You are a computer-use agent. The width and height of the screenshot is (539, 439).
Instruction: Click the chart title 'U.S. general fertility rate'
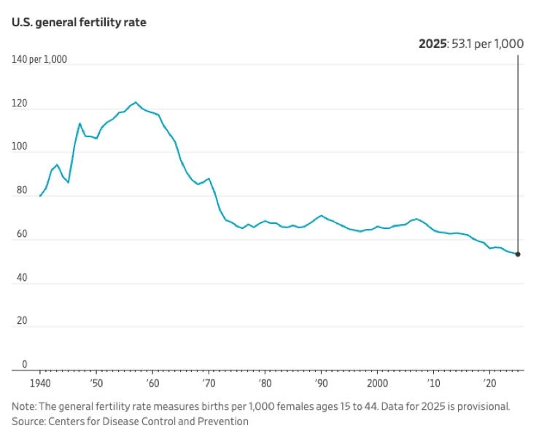(79, 23)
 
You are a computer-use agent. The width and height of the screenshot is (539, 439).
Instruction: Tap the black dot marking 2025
(518, 255)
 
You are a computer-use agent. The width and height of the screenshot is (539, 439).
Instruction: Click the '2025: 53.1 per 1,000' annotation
(471, 44)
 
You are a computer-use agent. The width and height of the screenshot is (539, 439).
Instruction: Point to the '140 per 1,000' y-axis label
(39, 60)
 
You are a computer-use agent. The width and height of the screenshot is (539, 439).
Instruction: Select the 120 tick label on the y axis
(19, 103)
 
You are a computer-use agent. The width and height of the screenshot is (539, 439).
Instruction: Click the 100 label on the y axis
(19, 147)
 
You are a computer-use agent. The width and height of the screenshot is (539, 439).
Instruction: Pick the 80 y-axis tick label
(22, 190)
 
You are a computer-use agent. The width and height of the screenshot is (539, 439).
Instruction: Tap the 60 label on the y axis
(22, 234)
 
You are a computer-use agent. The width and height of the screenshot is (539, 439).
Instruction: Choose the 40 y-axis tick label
(22, 277)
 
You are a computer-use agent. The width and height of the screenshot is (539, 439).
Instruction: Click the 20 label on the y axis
(22, 321)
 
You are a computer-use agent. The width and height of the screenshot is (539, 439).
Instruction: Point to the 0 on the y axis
(24, 365)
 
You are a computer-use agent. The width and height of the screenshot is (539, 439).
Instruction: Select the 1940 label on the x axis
(40, 384)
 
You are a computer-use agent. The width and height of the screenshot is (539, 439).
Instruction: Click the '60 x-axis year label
(152, 384)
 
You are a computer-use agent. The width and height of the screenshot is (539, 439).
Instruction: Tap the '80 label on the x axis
(265, 384)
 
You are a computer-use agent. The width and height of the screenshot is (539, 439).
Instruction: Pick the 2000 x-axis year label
(377, 384)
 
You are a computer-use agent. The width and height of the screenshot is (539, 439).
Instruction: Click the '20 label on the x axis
(489, 384)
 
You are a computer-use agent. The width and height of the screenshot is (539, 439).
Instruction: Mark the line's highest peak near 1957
(136, 102)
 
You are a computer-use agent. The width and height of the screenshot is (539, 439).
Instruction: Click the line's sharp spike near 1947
(80, 123)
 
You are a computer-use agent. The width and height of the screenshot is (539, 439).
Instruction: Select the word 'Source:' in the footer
(28, 421)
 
